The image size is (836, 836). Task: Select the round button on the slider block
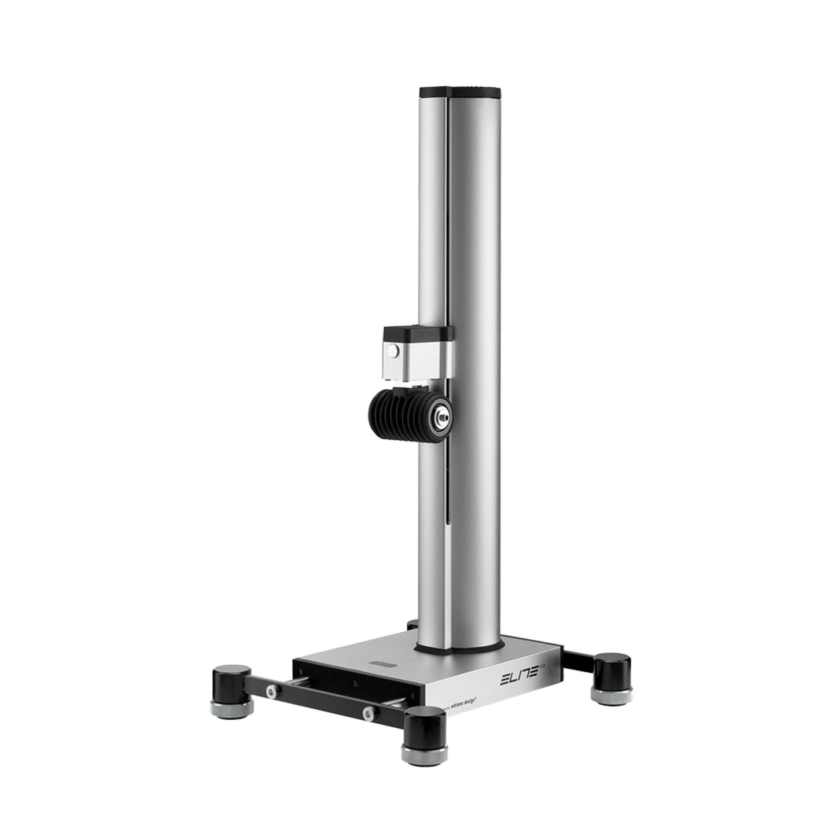393,351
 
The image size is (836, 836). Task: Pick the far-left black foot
229,677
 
